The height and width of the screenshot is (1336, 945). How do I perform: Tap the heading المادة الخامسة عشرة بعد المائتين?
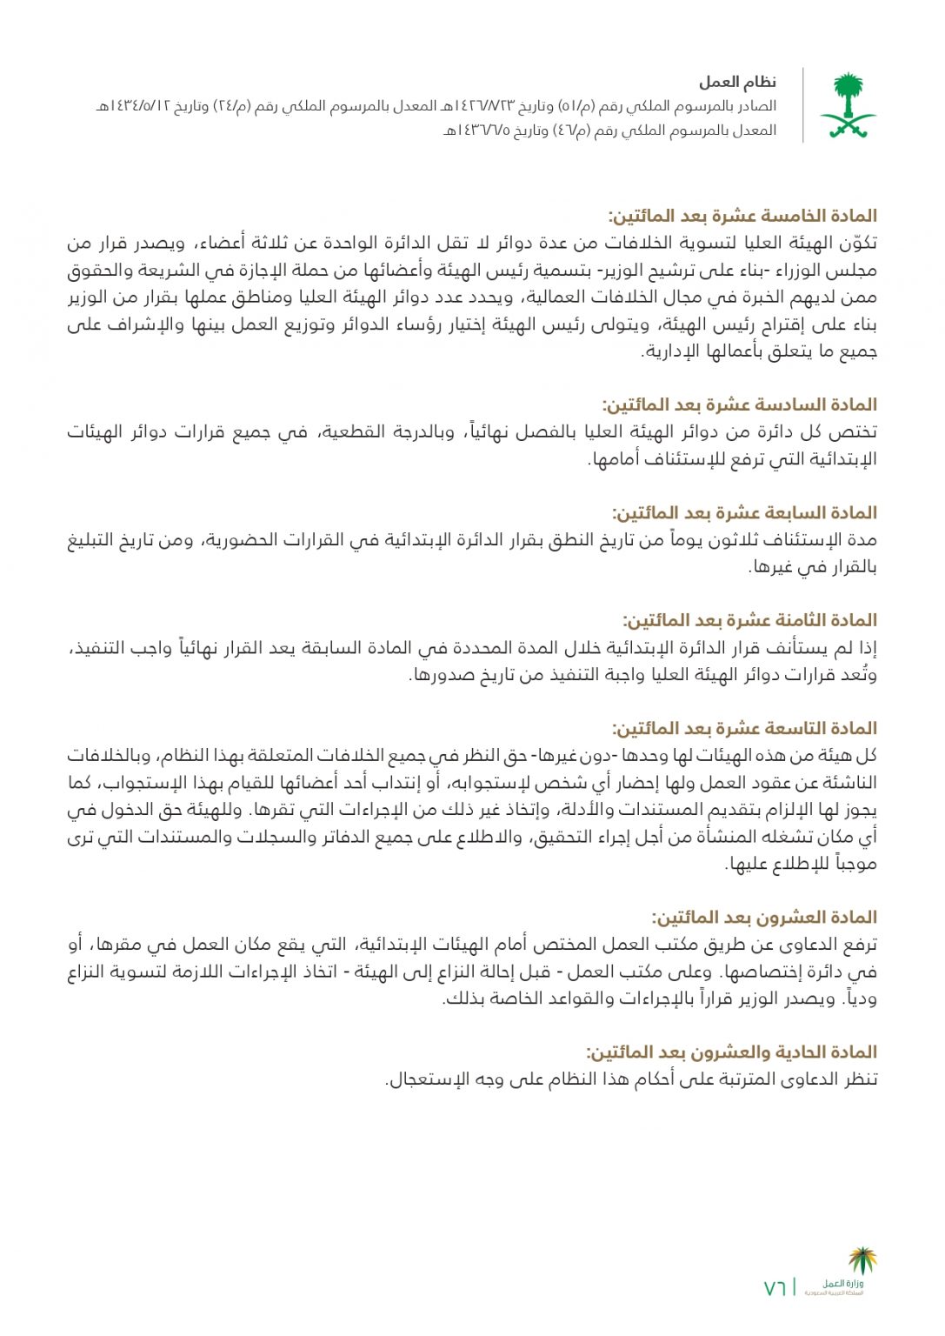tap(742, 216)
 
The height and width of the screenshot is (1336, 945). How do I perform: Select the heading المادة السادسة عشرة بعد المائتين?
tap(740, 404)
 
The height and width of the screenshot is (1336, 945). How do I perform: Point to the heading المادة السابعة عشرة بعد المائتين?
tap(744, 512)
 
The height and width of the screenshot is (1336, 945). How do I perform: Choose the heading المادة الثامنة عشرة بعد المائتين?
tap(749, 620)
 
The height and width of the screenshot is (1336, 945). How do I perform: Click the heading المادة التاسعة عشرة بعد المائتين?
tap(744, 728)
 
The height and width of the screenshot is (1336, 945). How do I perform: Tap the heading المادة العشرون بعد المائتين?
tap(764, 917)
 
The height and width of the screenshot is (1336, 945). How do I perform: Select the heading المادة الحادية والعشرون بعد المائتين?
tap(731, 1052)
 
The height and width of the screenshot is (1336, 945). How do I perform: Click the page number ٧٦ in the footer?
tap(775, 1288)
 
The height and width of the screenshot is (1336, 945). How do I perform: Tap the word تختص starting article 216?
tap(856, 432)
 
